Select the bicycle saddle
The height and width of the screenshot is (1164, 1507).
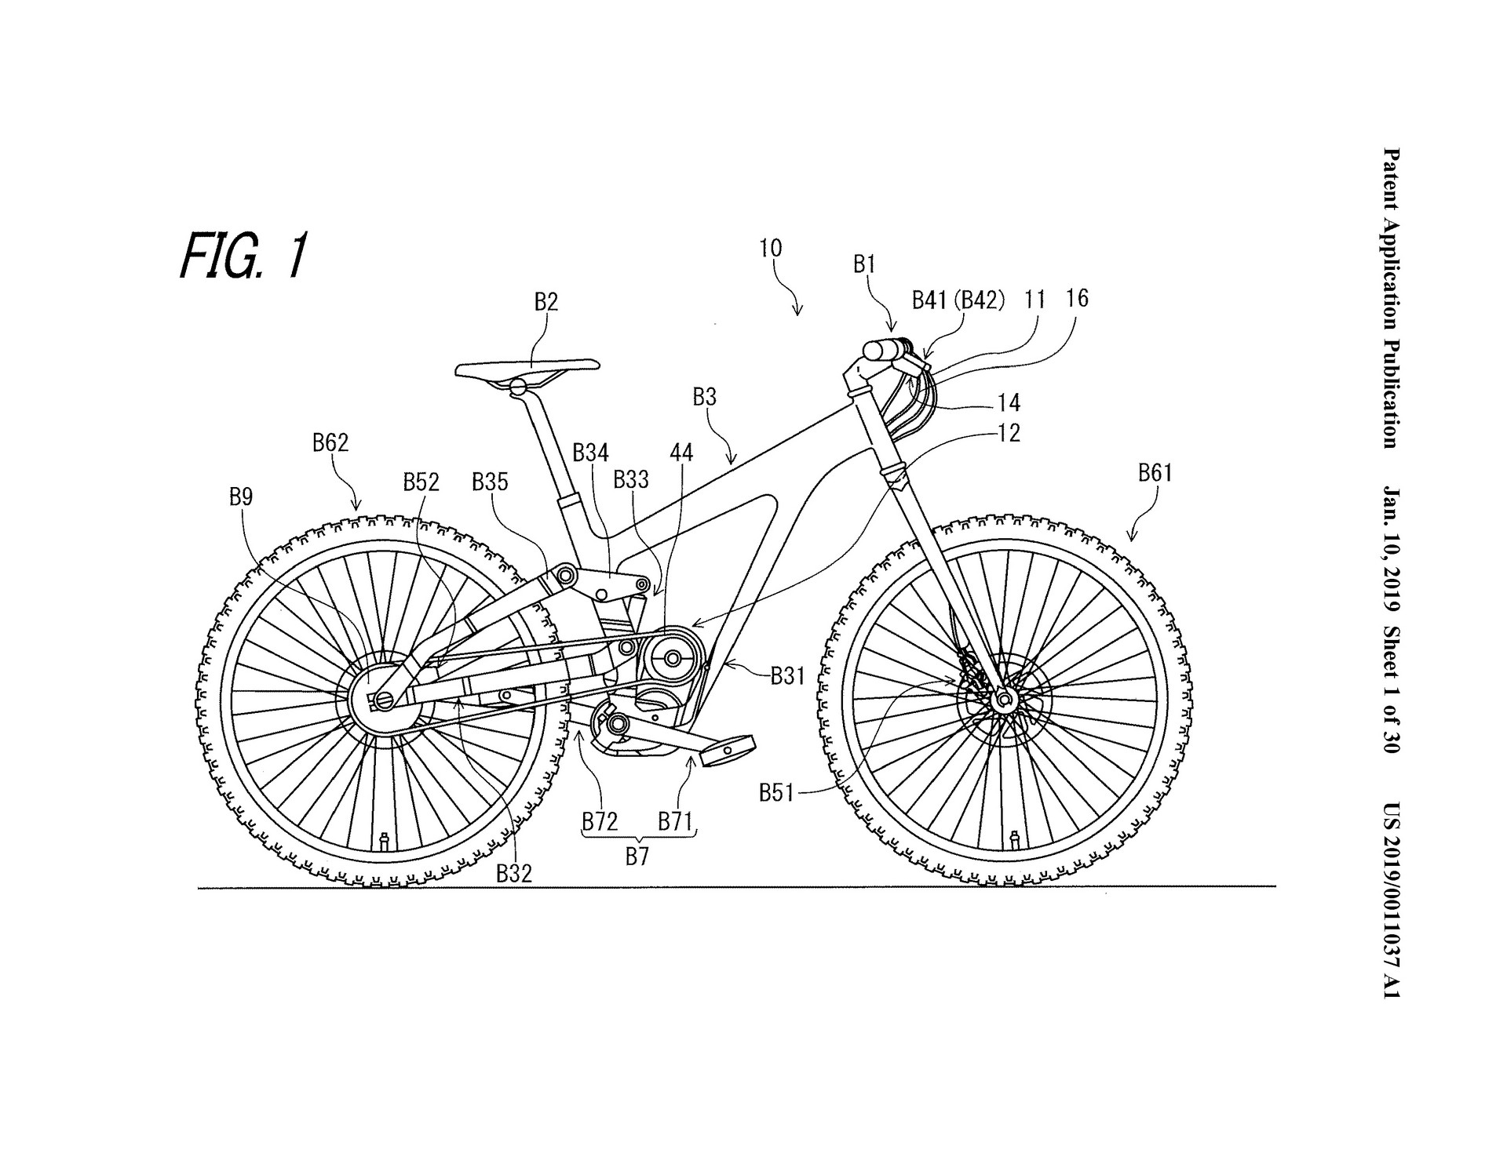(528, 366)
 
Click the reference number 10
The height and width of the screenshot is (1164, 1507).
(771, 249)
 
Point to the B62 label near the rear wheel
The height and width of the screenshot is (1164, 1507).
(330, 443)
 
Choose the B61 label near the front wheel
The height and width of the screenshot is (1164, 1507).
(1154, 472)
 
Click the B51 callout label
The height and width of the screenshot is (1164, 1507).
(777, 794)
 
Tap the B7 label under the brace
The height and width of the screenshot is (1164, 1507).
(637, 857)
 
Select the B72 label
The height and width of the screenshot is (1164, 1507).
(600, 822)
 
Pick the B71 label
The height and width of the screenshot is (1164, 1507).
(674, 822)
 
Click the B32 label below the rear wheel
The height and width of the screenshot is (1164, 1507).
(514, 874)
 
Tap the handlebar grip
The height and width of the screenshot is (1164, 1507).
(882, 349)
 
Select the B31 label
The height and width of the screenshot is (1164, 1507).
(787, 675)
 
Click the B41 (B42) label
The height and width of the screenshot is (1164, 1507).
(958, 300)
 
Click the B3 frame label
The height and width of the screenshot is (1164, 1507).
(704, 398)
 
